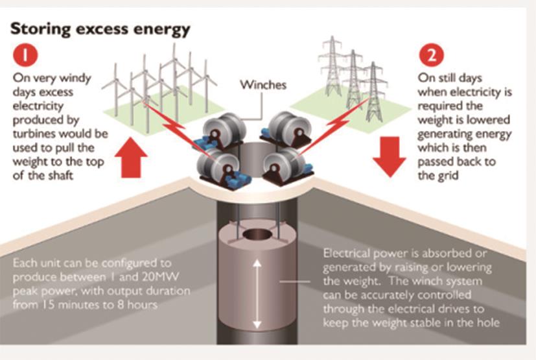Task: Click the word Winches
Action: pyautogui.click(x=262, y=84)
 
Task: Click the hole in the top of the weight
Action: pyautogui.click(x=257, y=233)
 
